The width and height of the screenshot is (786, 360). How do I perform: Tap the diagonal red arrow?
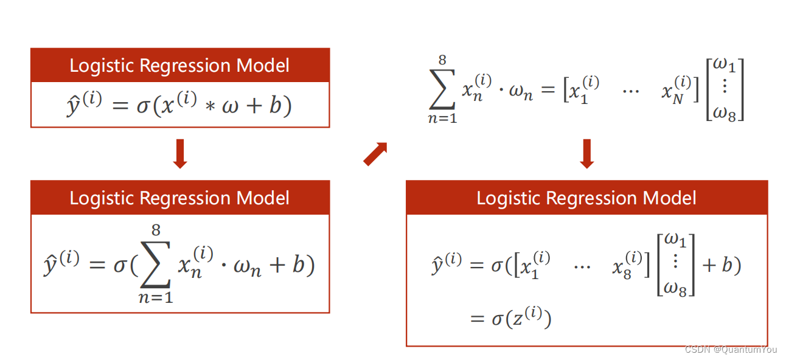tap(375, 154)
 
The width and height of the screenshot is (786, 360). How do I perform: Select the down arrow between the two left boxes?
tap(179, 154)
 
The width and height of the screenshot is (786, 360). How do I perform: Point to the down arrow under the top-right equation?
tap(586, 153)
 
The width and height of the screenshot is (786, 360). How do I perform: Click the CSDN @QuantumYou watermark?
tap(731, 350)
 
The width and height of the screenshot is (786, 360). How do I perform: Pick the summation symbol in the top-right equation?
tap(442, 89)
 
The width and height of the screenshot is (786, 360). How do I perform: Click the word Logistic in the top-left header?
tap(102, 65)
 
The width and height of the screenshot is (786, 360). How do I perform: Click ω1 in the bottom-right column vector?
tap(675, 241)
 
